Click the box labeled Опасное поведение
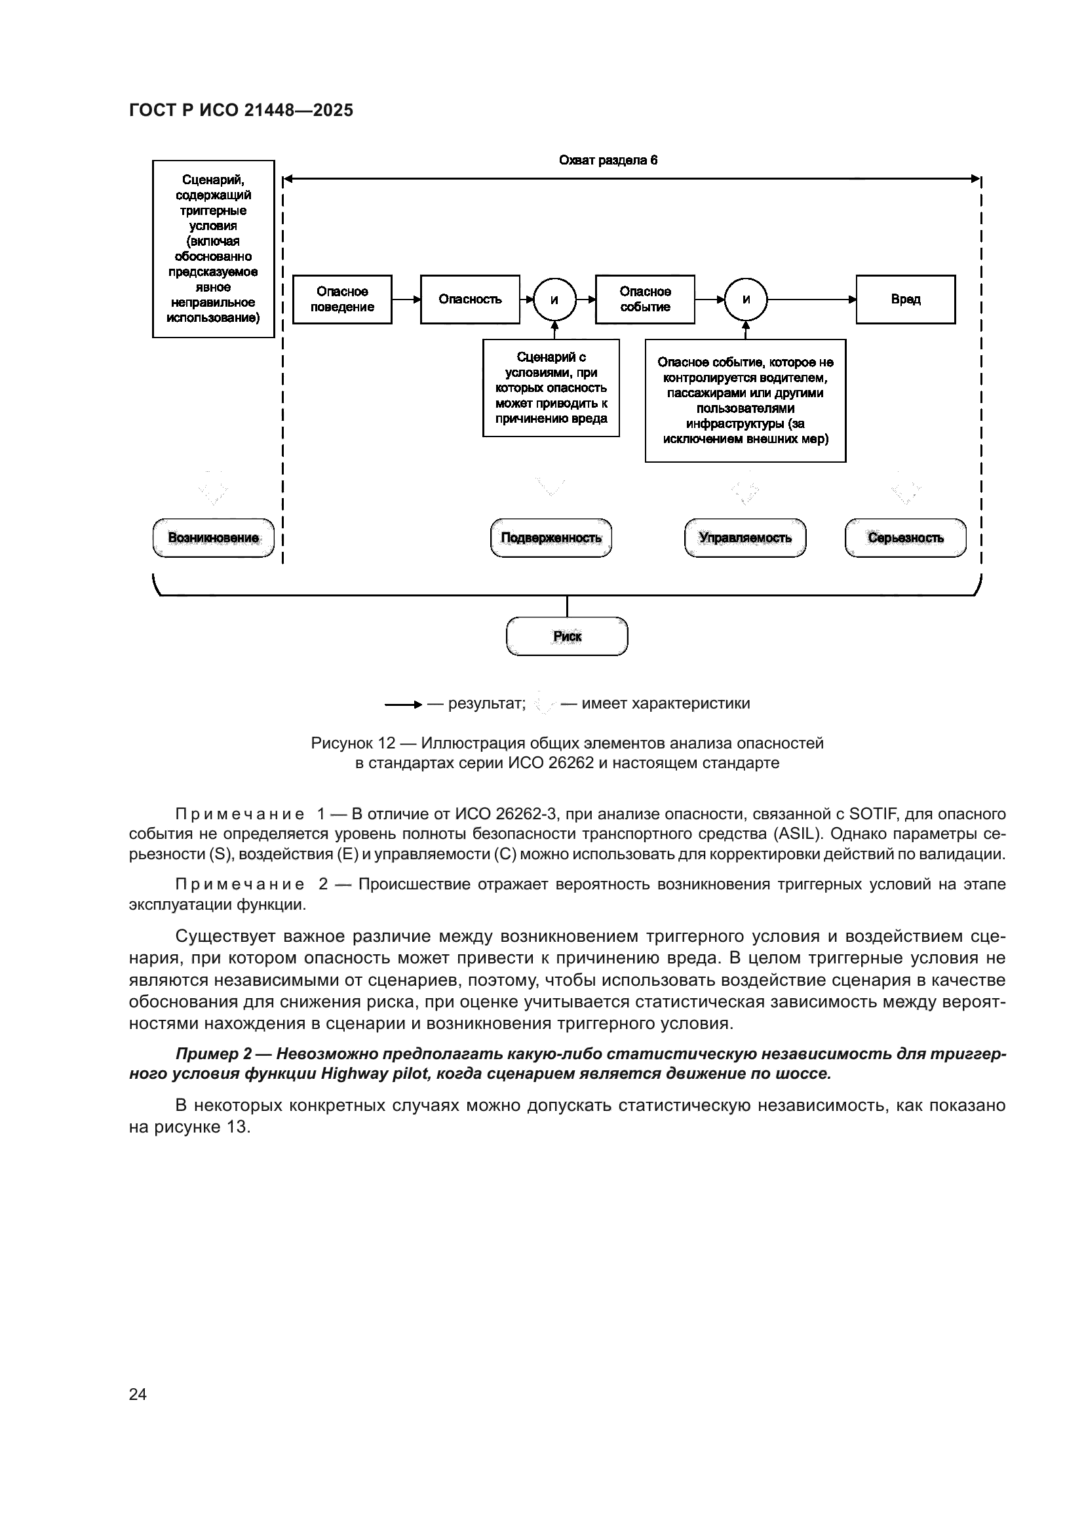pyautogui.click(x=342, y=299)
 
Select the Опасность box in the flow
pyautogui.click(x=470, y=299)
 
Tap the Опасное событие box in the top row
pyautogui.click(x=645, y=299)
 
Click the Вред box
pyautogui.click(x=905, y=299)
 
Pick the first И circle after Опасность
pyautogui.click(x=554, y=300)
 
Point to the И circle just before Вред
pyautogui.click(x=746, y=300)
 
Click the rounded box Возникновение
pyautogui.click(x=214, y=537)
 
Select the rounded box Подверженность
pyautogui.click(x=551, y=537)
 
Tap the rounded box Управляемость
pyautogui.click(x=745, y=537)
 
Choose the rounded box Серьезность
pyautogui.click(x=905, y=537)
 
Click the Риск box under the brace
pyautogui.click(x=568, y=636)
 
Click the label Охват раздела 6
pyautogui.click(x=608, y=160)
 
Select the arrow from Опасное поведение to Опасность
pyautogui.click(x=406, y=300)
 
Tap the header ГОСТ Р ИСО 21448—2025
pyautogui.click(x=241, y=111)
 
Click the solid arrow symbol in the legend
pyautogui.click(x=403, y=705)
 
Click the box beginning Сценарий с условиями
pyautogui.click(x=551, y=388)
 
